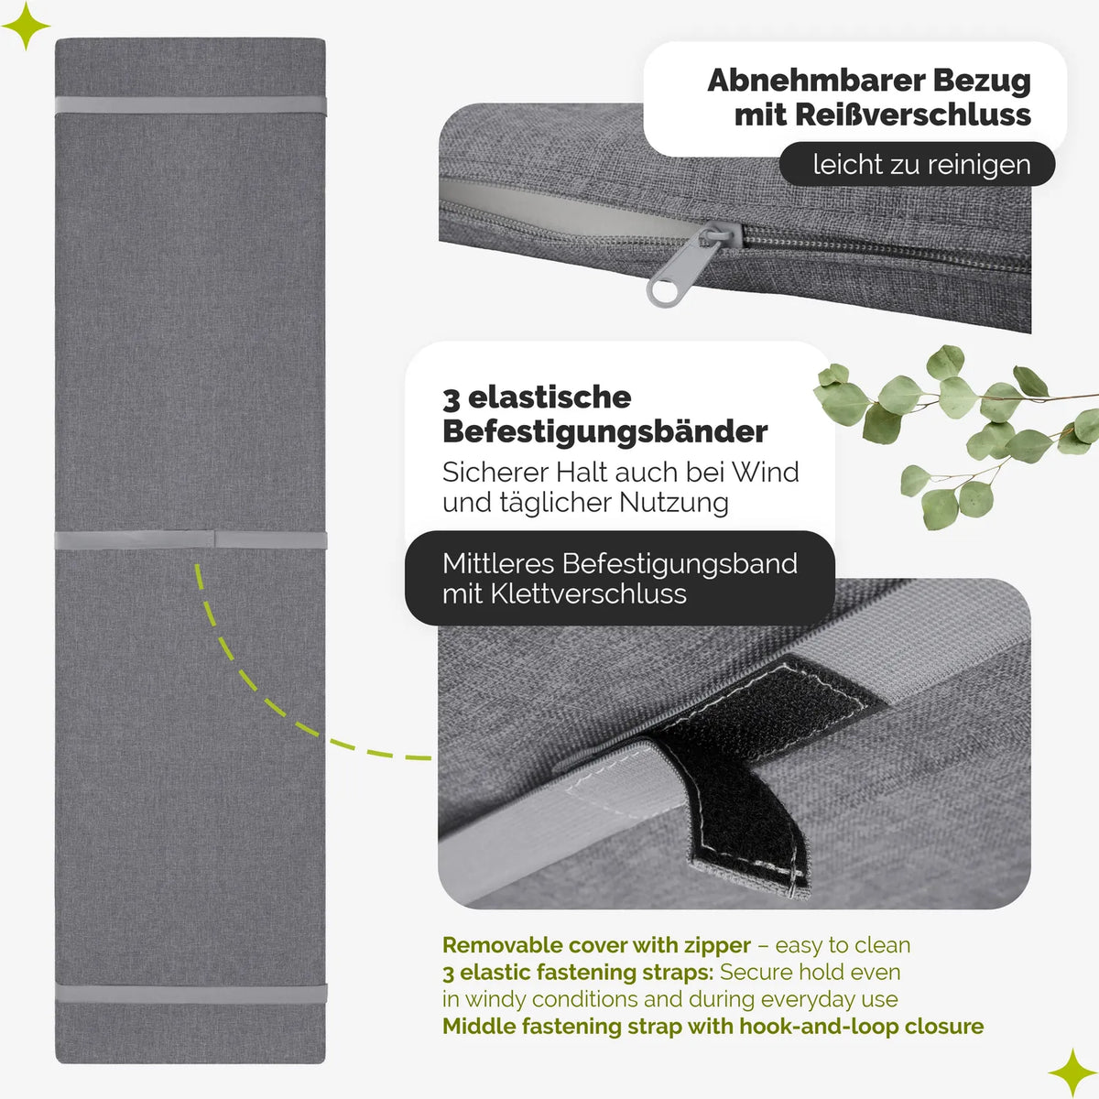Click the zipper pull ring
tap(661, 292)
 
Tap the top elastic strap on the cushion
tap(190, 106)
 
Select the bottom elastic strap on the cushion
tap(191, 993)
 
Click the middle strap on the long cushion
tap(191, 539)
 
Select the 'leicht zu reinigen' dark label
tap(917, 164)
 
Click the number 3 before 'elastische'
tap(451, 398)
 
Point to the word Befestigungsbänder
tap(605, 431)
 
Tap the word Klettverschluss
tap(588, 594)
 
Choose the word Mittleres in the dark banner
tap(498, 564)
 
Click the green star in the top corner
tap(26, 26)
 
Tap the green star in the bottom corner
tap(1072, 1072)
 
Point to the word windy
tap(494, 999)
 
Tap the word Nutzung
tap(673, 503)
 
